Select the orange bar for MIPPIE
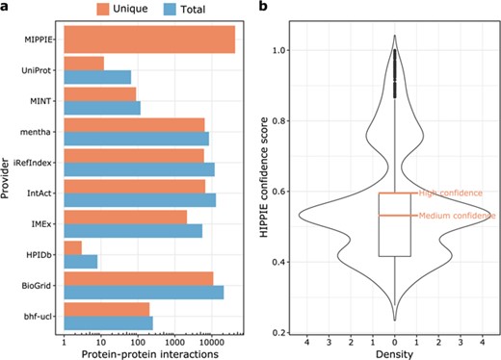coord(149,39)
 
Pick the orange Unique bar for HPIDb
coord(72,247)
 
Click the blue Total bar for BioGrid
coord(144,292)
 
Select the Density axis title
coord(394,352)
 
